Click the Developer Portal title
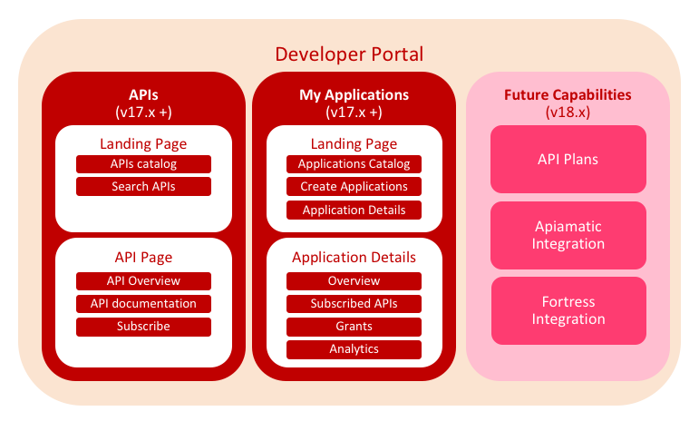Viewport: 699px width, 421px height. (349, 54)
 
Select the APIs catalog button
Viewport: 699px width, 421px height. (143, 164)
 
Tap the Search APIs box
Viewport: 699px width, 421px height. (143, 186)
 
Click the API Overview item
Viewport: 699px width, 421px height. (143, 281)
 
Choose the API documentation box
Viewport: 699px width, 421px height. (143, 304)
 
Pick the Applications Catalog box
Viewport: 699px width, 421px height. (354, 164)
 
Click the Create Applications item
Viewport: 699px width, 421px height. (354, 186)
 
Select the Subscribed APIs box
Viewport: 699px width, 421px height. (354, 304)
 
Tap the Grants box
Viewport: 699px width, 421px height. (354, 327)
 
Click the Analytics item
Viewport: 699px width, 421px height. (354, 349)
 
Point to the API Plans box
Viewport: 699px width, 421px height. (568, 159)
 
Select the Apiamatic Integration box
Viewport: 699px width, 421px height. (568, 235)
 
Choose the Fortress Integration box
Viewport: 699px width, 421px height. (568, 310)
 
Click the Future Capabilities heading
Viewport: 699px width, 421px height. (568, 94)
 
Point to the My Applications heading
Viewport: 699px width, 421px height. (354, 94)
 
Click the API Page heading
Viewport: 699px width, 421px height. (143, 258)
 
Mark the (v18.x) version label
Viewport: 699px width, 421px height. (568, 112)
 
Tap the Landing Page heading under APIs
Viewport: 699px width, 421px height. (143, 144)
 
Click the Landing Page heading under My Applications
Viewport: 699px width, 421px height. (354, 144)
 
